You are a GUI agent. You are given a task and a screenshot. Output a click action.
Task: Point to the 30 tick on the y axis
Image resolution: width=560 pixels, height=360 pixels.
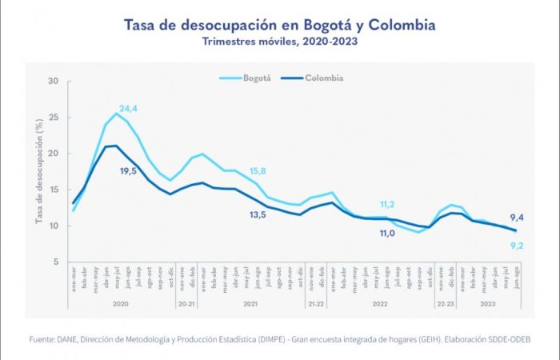coord(54,81)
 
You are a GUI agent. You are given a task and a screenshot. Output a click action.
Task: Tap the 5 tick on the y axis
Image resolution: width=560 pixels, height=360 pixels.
coord(56,262)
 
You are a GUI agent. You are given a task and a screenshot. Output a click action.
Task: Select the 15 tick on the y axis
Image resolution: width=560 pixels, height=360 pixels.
coord(54,190)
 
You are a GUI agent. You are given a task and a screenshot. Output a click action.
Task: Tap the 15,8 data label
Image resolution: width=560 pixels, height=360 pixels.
coord(258,171)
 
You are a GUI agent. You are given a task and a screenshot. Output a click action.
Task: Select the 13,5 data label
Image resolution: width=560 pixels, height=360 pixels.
coord(258,215)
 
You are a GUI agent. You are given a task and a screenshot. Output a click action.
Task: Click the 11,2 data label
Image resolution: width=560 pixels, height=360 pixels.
coord(386,204)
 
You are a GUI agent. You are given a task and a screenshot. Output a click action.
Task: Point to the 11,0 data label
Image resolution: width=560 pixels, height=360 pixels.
coord(387,233)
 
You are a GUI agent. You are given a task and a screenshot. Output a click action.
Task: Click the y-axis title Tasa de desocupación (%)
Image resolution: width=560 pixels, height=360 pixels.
coord(38,171)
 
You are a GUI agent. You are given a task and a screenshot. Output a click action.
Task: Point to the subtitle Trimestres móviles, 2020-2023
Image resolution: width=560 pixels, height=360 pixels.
coord(280,41)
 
